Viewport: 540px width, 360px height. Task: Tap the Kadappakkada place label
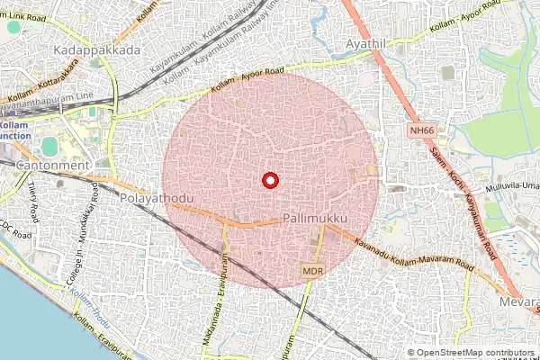(98, 50)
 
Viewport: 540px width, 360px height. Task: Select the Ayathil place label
(370, 43)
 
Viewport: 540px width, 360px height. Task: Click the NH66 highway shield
(420, 131)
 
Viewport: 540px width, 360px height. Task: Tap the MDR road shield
(312, 270)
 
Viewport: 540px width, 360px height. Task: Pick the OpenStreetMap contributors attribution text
(474, 353)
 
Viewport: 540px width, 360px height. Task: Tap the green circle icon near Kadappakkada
(12, 27)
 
